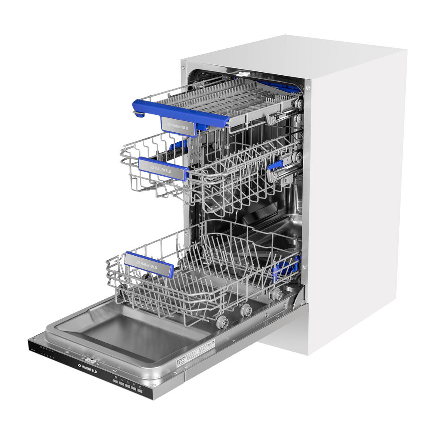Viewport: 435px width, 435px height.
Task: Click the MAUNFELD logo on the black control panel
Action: pos(87,368)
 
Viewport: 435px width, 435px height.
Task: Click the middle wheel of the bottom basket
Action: pos(246,310)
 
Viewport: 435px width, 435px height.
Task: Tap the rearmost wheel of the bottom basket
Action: pos(275,295)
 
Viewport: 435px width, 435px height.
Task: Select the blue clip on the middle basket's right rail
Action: pos(275,165)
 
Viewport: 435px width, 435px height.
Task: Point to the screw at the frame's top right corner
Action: pos(308,87)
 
